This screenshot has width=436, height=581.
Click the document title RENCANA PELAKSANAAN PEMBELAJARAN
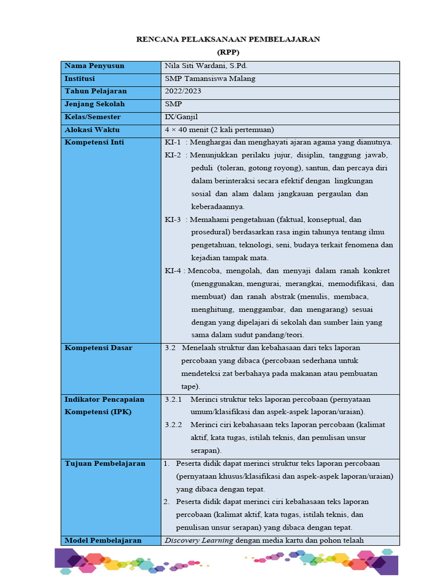click(228, 39)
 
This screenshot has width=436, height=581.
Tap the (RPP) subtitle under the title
click(228, 52)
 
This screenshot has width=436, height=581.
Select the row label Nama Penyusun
click(94, 66)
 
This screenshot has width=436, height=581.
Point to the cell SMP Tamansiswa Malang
click(209, 79)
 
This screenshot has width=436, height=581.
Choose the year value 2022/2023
click(183, 91)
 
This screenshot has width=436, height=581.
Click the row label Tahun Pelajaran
click(96, 91)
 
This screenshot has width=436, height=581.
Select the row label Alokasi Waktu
click(92, 130)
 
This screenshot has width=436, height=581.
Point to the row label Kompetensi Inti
click(94, 142)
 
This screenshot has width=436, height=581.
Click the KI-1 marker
click(173, 142)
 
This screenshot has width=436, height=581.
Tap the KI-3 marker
click(173, 220)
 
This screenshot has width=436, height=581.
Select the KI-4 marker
click(173, 271)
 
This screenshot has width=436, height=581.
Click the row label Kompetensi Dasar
click(98, 348)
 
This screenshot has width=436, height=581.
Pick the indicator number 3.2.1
click(173, 399)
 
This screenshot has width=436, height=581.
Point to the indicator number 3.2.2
click(173, 425)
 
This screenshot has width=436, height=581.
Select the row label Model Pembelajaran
click(103, 540)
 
